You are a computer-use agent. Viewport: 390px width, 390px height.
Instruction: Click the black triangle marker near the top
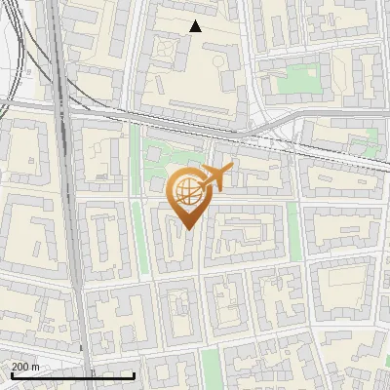(195, 26)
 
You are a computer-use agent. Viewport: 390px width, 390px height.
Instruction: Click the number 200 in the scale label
(19, 367)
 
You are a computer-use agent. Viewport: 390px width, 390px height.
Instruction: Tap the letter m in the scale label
(36, 367)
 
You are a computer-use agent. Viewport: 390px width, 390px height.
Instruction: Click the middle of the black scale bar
(73, 375)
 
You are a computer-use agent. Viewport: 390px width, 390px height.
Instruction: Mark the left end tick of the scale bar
(11, 375)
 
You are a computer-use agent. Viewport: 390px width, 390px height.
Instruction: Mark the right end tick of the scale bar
(135, 375)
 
